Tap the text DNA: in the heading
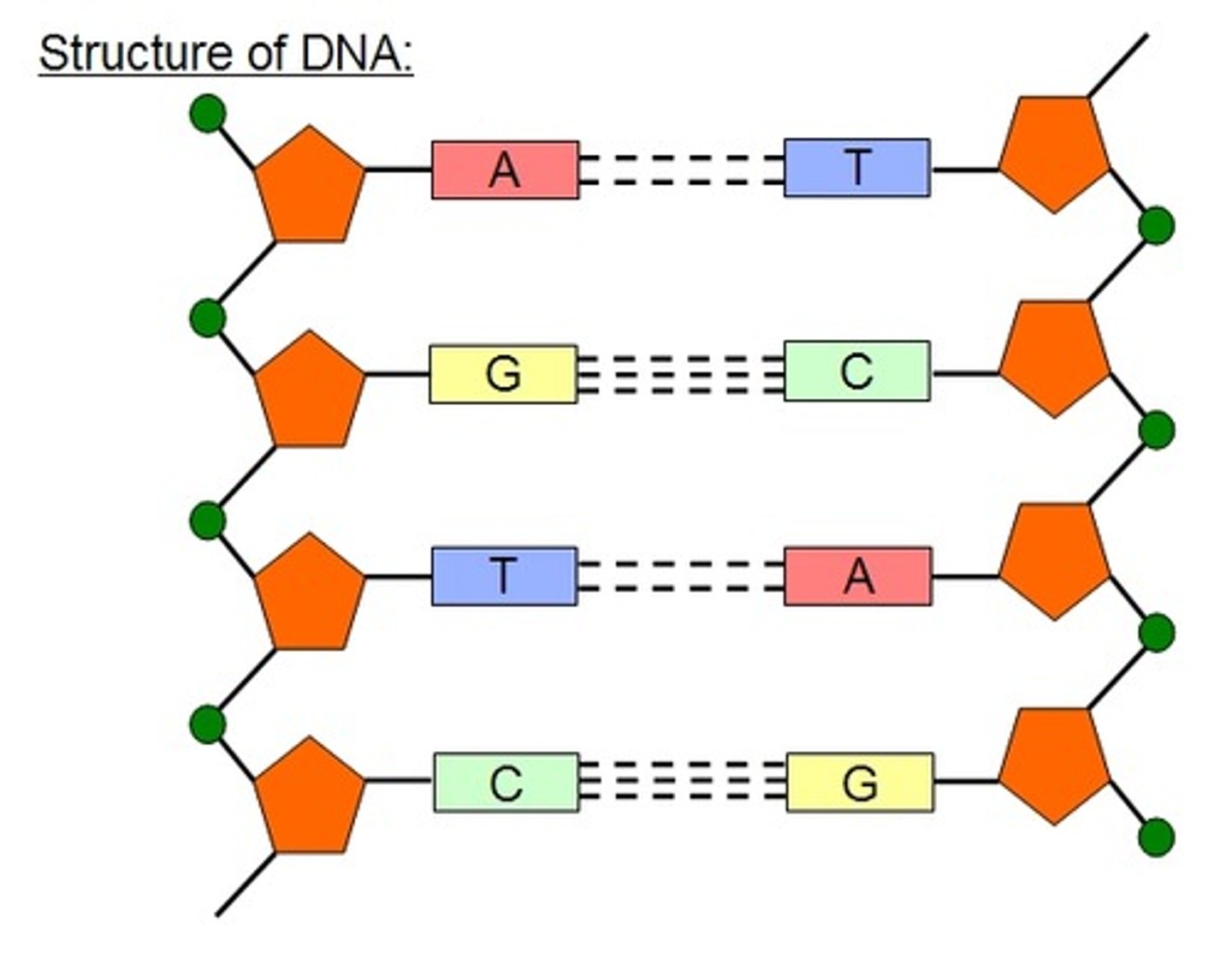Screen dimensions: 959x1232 (x=356, y=55)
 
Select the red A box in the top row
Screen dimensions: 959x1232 (x=505, y=170)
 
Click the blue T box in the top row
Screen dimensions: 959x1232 (x=857, y=168)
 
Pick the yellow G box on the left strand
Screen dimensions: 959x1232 (x=503, y=374)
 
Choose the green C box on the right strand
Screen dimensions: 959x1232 (x=857, y=372)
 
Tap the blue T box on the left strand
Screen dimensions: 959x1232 (x=505, y=576)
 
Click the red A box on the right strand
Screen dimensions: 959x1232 (x=858, y=576)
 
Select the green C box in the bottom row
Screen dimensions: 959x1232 (x=506, y=783)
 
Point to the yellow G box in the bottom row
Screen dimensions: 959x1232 (x=860, y=783)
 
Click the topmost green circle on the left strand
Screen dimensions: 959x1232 (x=208, y=113)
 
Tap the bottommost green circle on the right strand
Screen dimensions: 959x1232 (x=1157, y=836)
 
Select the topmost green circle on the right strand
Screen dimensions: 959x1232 (x=1157, y=226)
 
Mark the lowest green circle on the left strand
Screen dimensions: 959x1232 (x=208, y=724)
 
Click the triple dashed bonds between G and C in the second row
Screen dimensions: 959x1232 (x=681, y=374)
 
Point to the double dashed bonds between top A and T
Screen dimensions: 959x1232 (x=681, y=170)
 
